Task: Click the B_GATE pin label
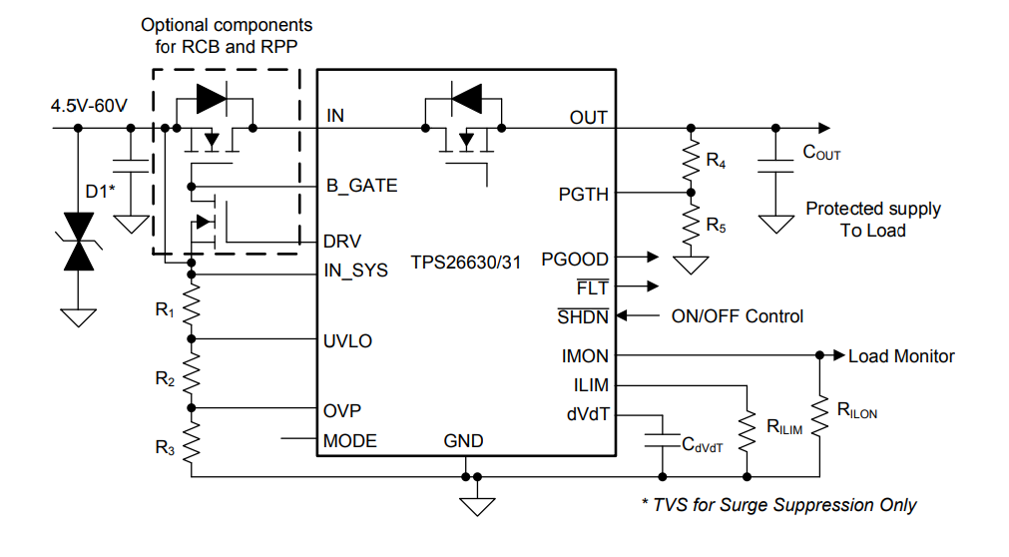361,186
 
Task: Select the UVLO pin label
348,340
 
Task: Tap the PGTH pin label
583,194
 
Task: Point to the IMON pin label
585,356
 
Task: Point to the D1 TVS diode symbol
78,242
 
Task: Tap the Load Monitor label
901,356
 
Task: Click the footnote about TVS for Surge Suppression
777,505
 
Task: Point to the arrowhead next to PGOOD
652,259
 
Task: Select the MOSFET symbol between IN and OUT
462,125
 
